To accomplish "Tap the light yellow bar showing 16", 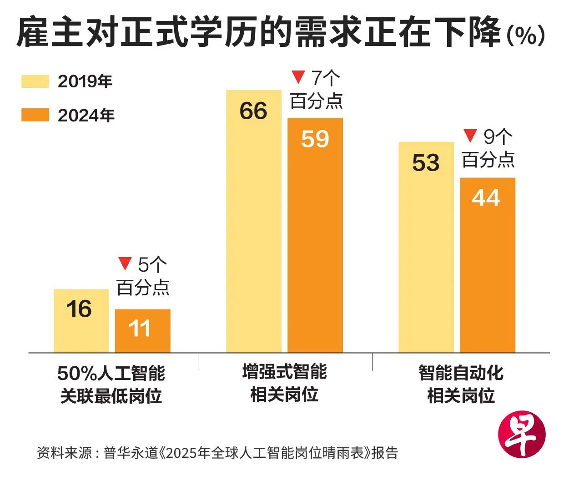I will (x=81, y=321).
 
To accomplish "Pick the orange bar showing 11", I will (x=143, y=331).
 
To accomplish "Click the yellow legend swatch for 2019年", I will (x=35, y=81).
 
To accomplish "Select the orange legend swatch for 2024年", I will (x=35, y=115).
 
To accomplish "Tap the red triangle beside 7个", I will (x=298, y=77).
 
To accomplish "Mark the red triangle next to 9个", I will (x=470, y=135).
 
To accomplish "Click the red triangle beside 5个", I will (x=125, y=263).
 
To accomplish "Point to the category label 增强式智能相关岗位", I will (x=284, y=383).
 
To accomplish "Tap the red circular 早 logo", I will (x=522, y=435).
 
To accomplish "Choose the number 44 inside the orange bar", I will (x=486, y=198).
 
